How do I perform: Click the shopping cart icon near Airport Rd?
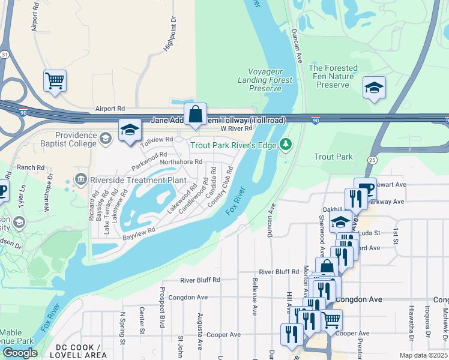55,80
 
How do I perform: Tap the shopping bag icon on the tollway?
196,113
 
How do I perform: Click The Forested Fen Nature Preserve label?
333,76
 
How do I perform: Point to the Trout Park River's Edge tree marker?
286,144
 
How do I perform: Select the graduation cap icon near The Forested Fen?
374,89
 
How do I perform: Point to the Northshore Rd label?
181,161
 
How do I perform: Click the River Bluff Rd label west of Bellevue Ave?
200,280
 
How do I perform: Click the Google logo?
20,353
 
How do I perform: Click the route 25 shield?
372,160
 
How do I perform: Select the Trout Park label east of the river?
333,157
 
